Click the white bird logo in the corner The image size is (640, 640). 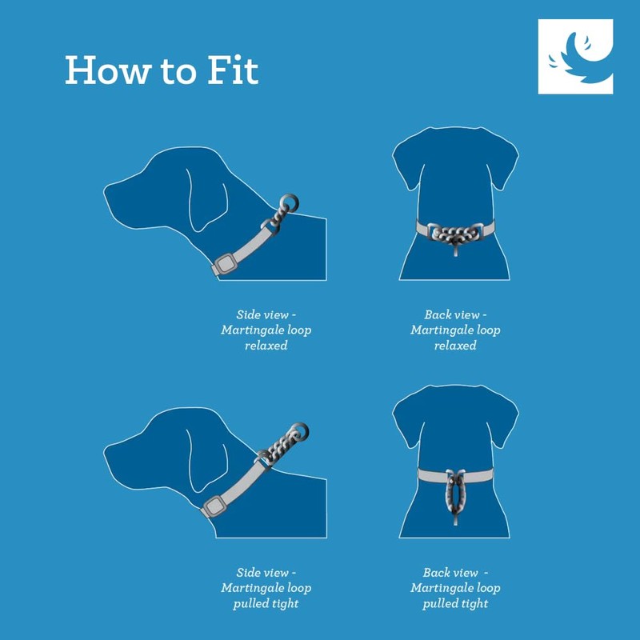tap(575, 57)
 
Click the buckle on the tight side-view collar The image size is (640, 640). tap(214, 506)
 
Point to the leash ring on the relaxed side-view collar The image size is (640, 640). tap(290, 201)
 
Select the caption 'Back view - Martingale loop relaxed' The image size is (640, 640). tap(455, 330)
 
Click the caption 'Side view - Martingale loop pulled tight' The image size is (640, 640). tap(266, 588)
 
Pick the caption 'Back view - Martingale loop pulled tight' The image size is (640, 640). tap(455, 588)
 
